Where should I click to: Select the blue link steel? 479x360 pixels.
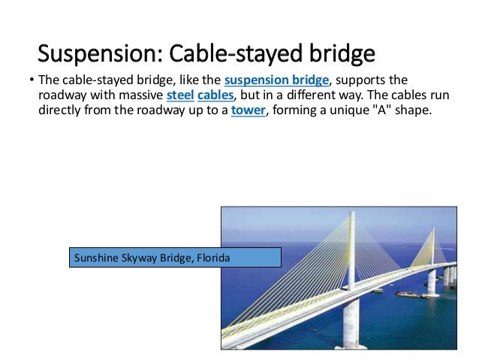click(179, 97)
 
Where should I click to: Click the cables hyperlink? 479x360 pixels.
click(215, 97)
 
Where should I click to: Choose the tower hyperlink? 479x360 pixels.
click(246, 111)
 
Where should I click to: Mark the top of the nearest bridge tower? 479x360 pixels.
click(352, 215)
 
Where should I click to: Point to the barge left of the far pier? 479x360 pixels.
click(411, 294)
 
